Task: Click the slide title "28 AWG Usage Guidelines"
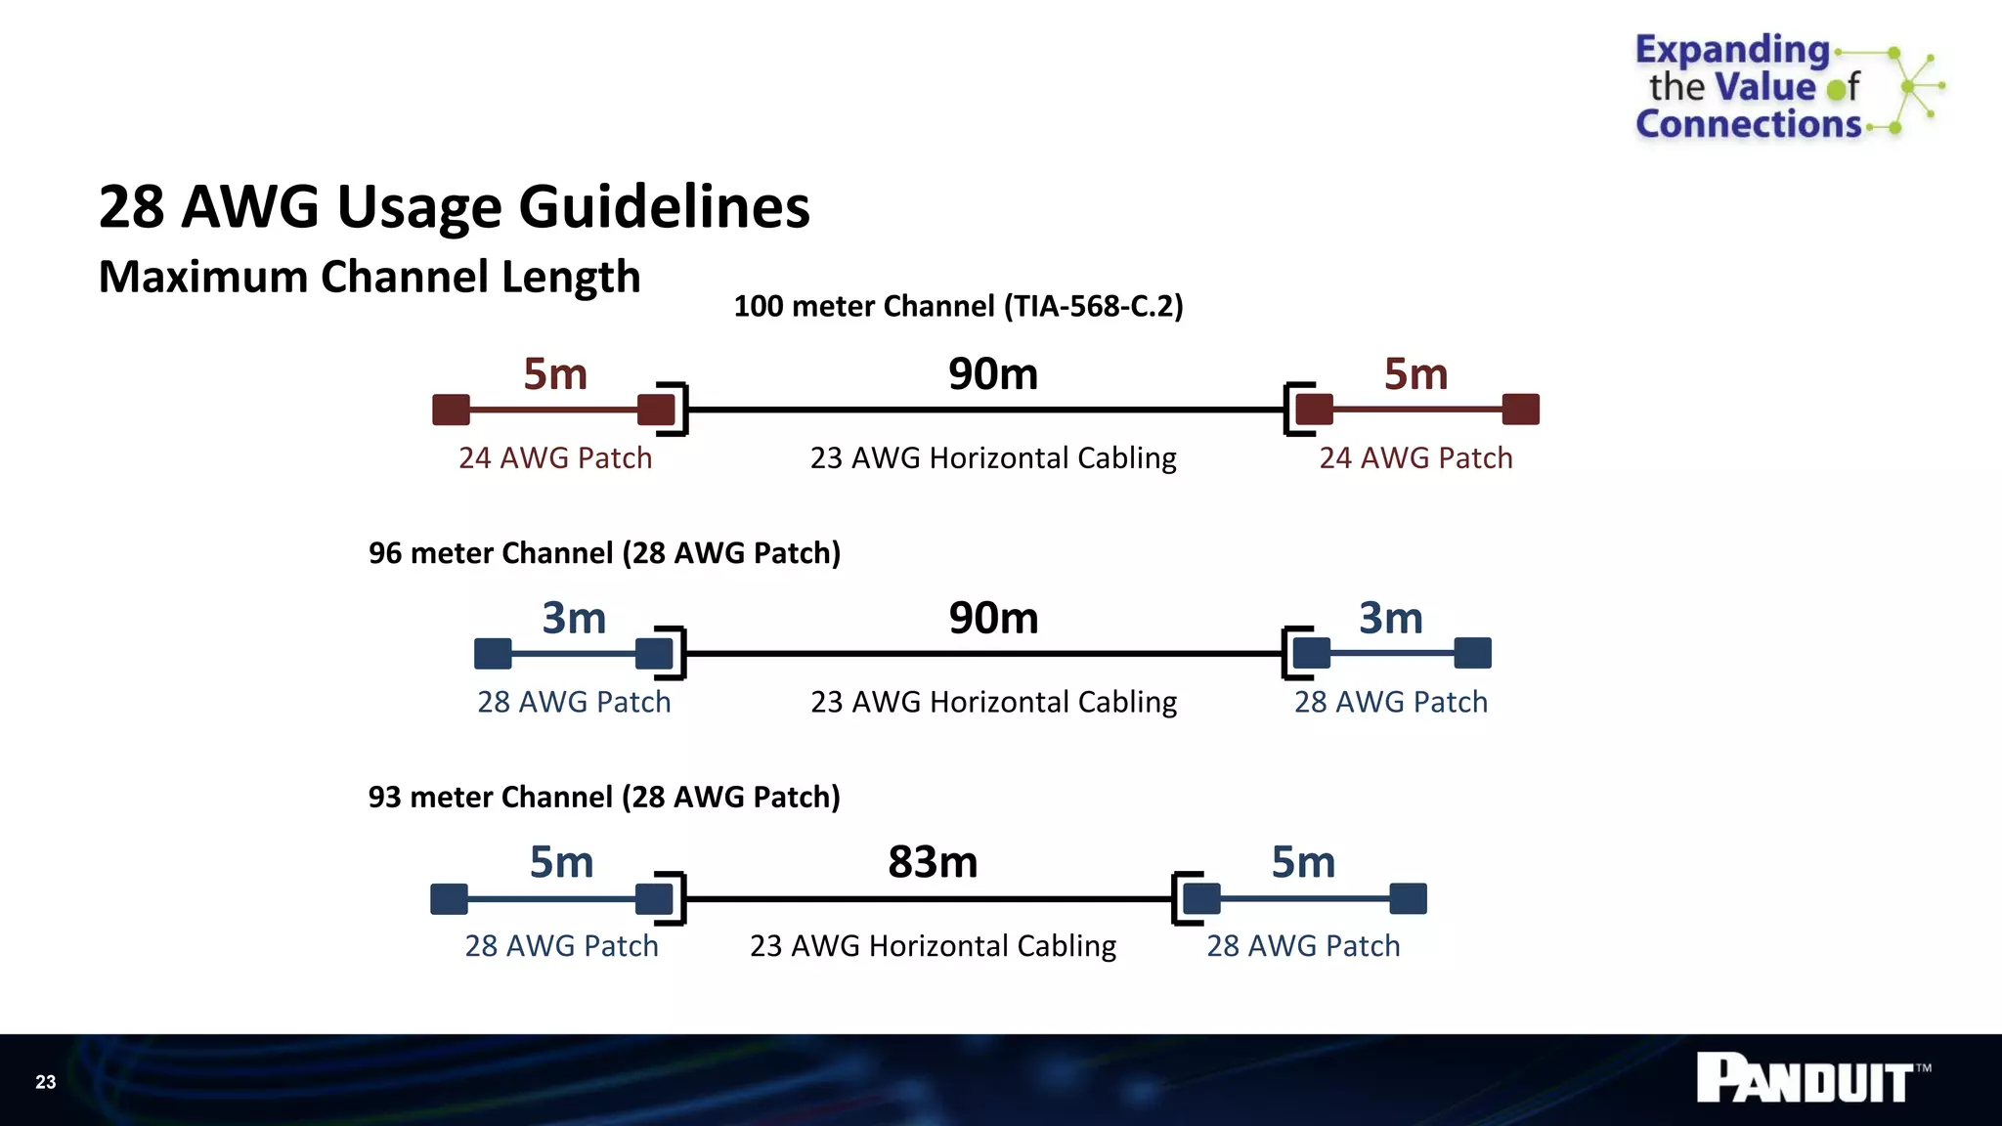[x=455, y=207]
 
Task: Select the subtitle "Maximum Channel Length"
[x=370, y=278]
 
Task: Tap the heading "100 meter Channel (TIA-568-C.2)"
[x=958, y=306]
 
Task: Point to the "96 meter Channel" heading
[x=604, y=553]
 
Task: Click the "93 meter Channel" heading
[x=604, y=798]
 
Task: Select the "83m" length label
[x=933, y=862]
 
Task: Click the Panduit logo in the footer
[x=1811, y=1079]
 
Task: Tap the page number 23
[x=46, y=1082]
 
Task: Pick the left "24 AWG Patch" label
[x=555, y=458]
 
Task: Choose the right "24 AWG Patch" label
[x=1415, y=458]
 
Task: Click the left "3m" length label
[x=574, y=618]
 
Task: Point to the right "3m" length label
[x=1390, y=618]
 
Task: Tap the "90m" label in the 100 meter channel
[x=993, y=374]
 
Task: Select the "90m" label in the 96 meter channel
[x=993, y=618]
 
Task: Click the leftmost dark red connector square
[x=451, y=410]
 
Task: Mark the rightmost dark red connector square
[x=1520, y=410]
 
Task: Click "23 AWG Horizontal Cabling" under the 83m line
[x=933, y=946]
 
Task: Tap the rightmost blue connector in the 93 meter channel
[x=1408, y=898]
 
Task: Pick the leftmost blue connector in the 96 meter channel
[x=493, y=653]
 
